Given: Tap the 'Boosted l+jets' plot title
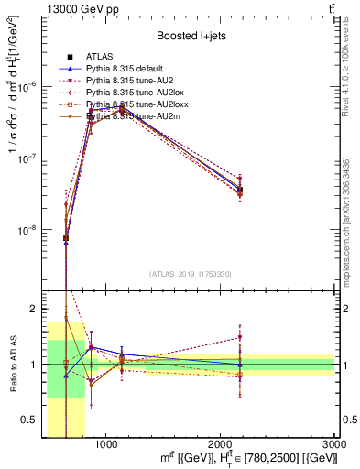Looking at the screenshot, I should click(195, 36).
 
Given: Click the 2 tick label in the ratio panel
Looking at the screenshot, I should click(34, 309).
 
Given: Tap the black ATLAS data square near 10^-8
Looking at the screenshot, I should click(66, 238).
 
